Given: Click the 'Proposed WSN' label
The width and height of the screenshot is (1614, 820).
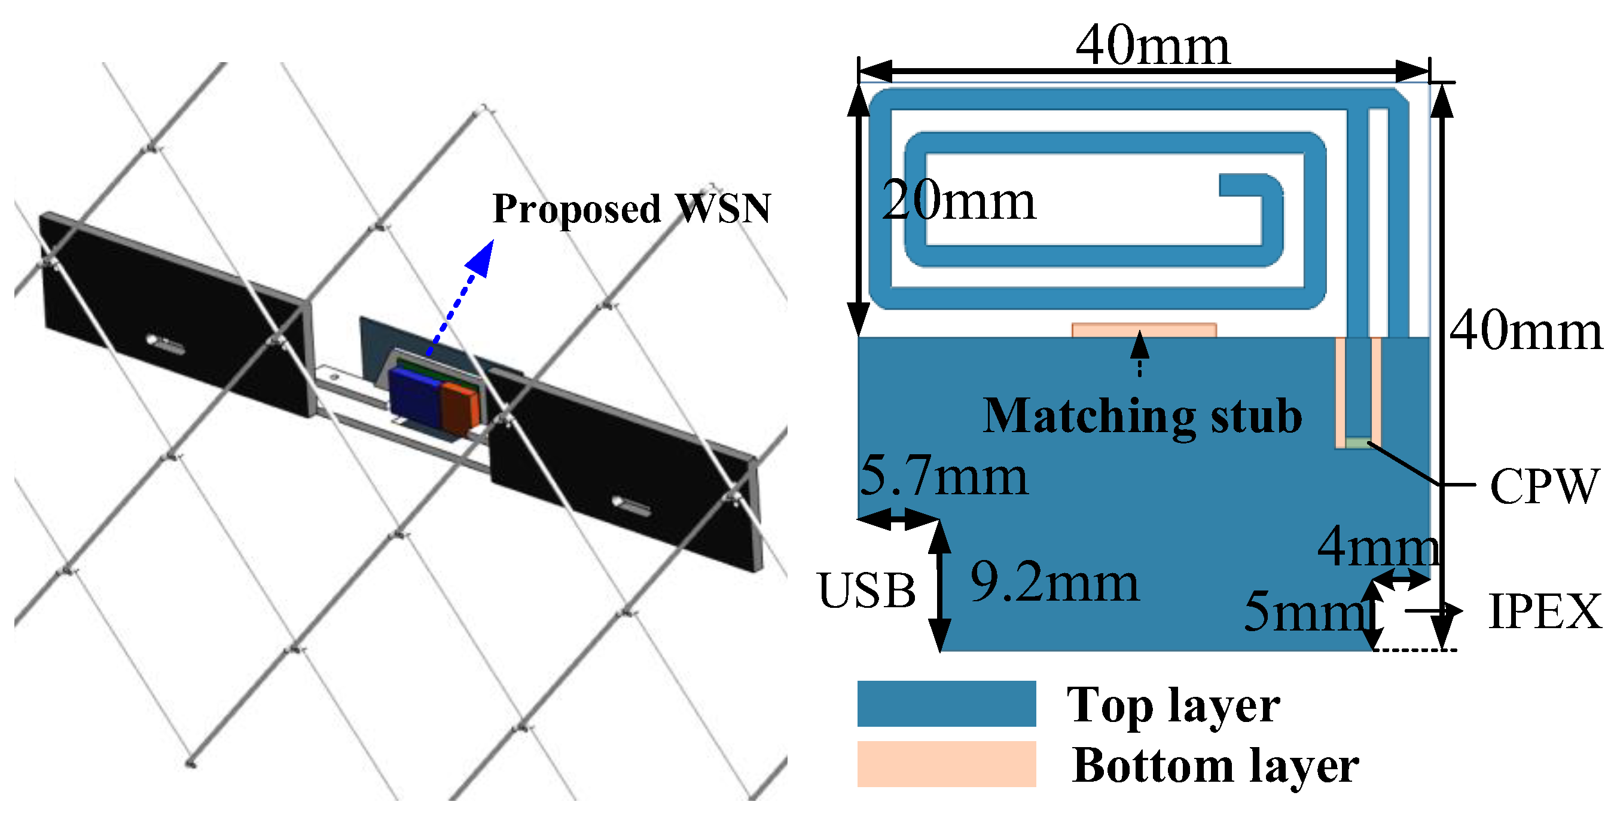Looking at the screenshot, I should (631, 209).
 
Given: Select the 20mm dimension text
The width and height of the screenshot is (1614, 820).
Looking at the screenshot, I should (958, 201).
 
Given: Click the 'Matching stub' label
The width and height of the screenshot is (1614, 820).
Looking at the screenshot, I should (1142, 416).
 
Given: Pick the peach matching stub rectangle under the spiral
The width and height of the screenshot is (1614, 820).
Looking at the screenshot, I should (1143, 330).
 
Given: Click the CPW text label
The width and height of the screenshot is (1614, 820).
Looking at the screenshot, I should (1543, 486).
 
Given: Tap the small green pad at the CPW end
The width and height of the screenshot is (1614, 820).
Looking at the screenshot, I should (1357, 443).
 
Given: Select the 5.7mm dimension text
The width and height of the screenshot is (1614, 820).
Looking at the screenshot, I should (944, 476).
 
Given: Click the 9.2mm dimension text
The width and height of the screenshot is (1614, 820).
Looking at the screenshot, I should (1054, 583).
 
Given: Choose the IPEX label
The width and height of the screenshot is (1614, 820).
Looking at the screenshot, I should (1545, 611).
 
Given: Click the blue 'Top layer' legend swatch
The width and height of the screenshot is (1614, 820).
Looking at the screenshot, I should (946, 703).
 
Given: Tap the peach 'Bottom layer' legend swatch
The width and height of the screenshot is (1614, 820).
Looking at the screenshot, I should (946, 764).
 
